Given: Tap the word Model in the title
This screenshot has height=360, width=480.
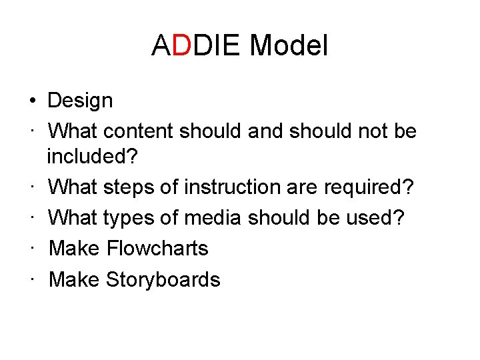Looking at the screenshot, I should point(289,47).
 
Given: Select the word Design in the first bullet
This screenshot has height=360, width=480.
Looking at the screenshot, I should point(81,101).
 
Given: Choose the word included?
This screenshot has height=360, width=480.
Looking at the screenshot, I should point(92,157).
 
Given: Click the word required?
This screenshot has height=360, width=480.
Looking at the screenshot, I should point(369,187).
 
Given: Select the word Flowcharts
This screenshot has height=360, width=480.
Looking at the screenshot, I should point(157,249).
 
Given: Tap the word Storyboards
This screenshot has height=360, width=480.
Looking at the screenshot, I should point(163,279).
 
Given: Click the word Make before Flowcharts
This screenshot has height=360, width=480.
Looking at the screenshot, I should point(75,249).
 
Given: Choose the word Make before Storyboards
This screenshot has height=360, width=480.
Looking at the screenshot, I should point(75,279).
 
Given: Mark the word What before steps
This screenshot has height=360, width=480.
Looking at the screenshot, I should point(73,187).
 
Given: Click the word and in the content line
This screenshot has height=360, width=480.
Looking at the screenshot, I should point(265,131).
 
